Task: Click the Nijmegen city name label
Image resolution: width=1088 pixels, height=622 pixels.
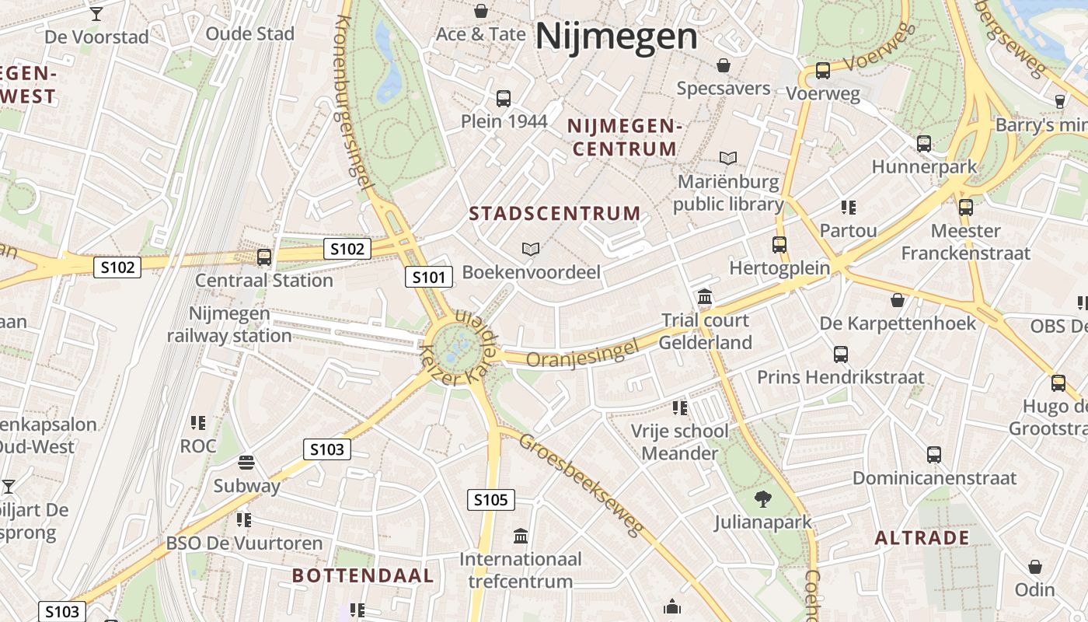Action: (x=616, y=37)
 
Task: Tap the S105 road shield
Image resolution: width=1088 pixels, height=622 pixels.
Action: (x=491, y=499)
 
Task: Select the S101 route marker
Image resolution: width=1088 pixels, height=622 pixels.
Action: (x=429, y=277)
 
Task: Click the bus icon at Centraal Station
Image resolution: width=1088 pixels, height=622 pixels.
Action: (x=264, y=257)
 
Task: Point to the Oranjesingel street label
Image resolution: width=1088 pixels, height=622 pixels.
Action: (x=582, y=353)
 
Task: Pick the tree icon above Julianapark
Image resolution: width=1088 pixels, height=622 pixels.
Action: (x=763, y=499)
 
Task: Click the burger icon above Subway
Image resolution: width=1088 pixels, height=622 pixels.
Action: (x=246, y=463)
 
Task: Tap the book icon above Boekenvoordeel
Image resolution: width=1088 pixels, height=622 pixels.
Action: (x=531, y=249)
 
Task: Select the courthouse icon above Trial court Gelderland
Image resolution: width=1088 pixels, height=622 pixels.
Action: (x=706, y=296)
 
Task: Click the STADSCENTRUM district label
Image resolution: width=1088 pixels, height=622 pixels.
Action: (x=555, y=213)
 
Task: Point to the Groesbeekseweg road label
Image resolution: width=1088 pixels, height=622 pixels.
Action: (x=582, y=484)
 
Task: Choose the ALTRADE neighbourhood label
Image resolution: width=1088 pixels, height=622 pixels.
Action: (x=922, y=537)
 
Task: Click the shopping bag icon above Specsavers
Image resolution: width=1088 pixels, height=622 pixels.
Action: (x=724, y=65)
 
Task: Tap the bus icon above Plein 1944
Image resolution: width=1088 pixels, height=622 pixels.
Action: (x=504, y=99)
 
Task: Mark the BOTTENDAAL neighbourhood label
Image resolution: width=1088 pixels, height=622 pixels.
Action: (x=363, y=575)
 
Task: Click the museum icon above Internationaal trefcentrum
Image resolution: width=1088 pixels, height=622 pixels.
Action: (x=521, y=536)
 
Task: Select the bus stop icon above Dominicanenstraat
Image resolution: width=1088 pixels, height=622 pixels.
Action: (x=934, y=455)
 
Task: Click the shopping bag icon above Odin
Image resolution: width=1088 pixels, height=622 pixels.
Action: (x=1035, y=567)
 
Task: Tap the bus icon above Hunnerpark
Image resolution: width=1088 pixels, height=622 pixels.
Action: (x=924, y=144)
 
